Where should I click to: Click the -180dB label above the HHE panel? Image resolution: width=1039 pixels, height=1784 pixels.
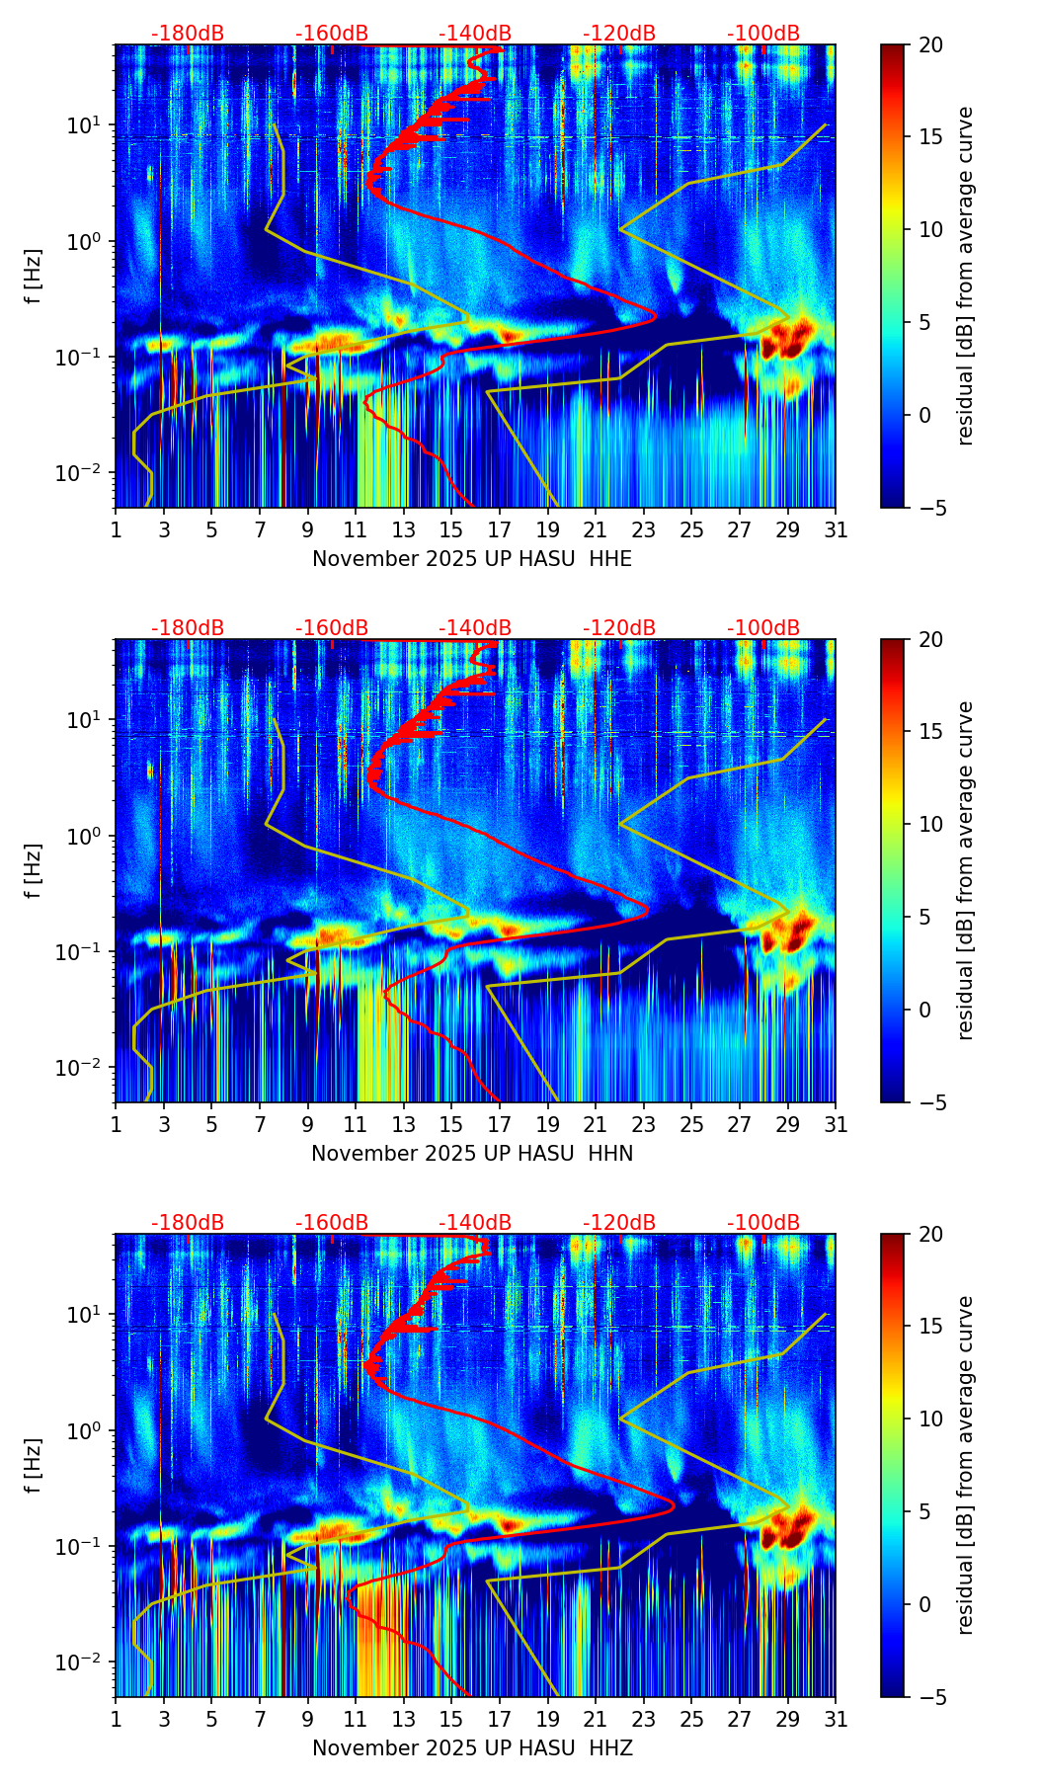coord(188,34)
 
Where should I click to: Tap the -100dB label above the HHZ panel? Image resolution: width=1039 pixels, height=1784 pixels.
coord(763,1223)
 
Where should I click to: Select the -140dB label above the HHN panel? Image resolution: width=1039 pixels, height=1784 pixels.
coord(475,628)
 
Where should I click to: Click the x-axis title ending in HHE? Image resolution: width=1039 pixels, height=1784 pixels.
coord(472,559)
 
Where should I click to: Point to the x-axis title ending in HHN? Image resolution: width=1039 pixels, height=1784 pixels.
coord(472,1154)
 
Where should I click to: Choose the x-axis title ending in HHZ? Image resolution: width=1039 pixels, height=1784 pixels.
coord(472,1748)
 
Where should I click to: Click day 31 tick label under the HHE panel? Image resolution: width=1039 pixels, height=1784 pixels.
coord(836,530)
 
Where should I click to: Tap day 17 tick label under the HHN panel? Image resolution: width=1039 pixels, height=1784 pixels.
coord(500,1125)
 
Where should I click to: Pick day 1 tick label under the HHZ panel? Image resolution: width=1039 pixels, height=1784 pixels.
coord(117,1720)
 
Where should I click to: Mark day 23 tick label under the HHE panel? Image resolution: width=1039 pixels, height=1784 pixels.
coord(644,530)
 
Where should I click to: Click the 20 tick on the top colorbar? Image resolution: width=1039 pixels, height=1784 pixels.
coord(930,45)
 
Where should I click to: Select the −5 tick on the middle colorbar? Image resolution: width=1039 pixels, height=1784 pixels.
coord(930,1102)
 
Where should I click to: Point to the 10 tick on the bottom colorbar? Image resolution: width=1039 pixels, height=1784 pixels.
coord(930,1419)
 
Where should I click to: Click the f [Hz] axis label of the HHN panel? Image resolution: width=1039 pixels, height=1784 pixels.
coord(34,870)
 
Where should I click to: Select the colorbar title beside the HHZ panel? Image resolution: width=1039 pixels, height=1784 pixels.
coord(966,1465)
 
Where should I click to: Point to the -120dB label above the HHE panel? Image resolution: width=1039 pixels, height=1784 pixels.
coord(619,34)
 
